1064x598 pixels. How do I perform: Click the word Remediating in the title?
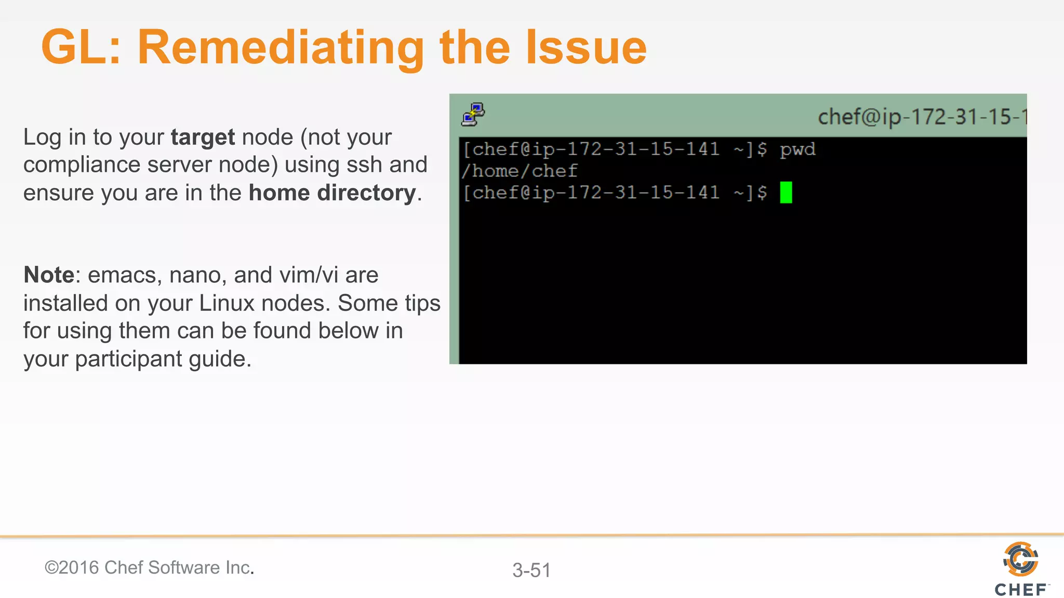281,48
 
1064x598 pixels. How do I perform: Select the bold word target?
203,138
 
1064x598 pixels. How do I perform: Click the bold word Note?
49,275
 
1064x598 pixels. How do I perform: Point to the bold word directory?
367,193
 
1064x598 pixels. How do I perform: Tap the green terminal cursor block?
786,193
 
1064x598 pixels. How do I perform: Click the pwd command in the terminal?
797,150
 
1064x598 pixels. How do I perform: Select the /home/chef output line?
520,171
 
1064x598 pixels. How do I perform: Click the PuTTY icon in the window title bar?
473,115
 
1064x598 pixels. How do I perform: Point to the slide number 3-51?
531,570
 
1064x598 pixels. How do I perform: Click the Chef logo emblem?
1021,559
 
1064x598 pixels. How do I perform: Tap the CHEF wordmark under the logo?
1021,590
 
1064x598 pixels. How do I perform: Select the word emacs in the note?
123,275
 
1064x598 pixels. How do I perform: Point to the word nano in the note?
196,275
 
